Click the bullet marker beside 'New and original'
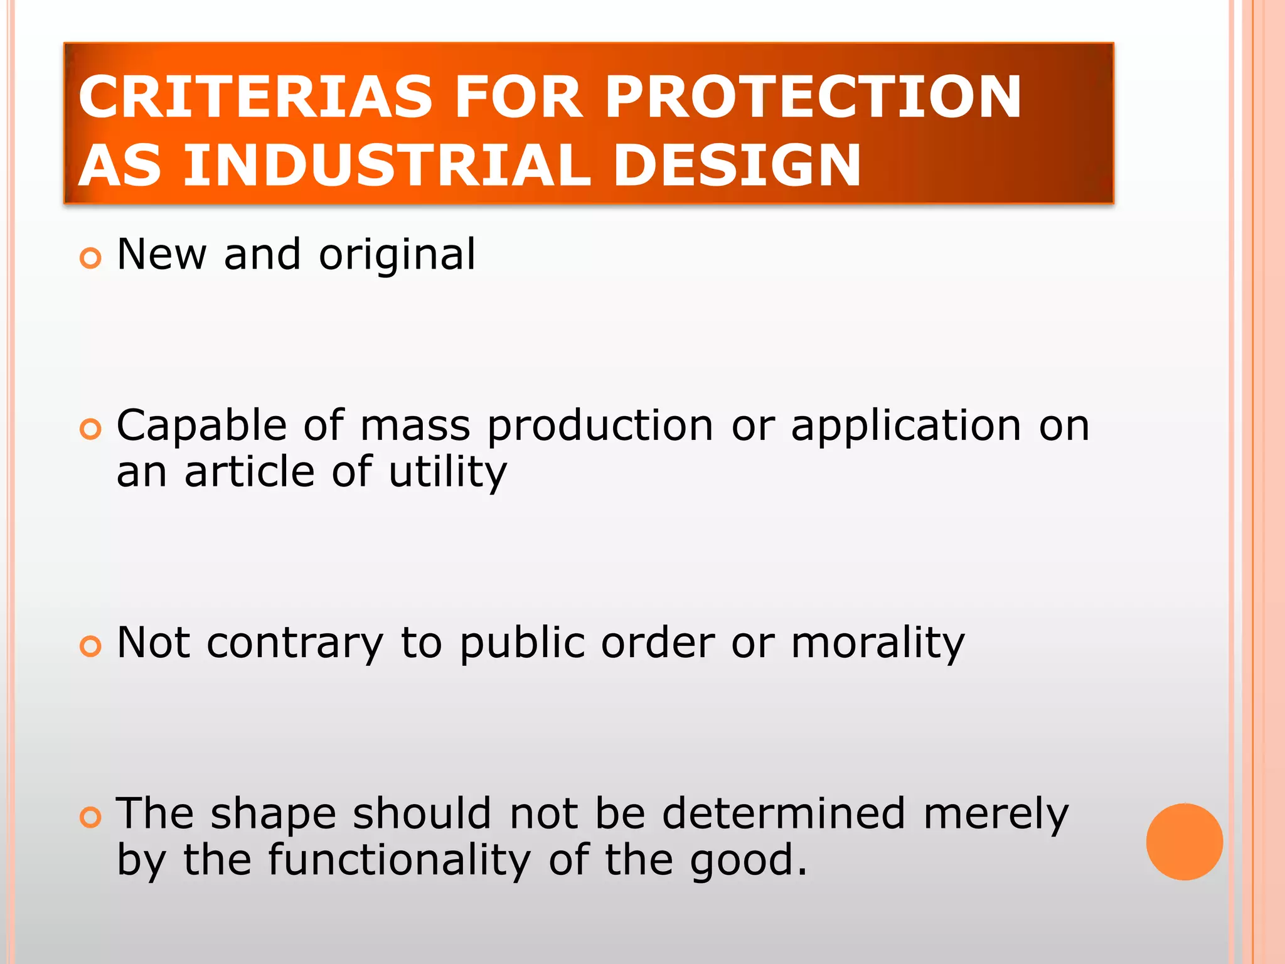[x=91, y=258]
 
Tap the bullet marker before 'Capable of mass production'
[x=91, y=429]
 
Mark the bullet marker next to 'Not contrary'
[x=91, y=646]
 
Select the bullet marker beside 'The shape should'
[x=91, y=817]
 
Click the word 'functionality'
[x=399, y=860]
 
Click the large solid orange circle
[x=1184, y=842]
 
